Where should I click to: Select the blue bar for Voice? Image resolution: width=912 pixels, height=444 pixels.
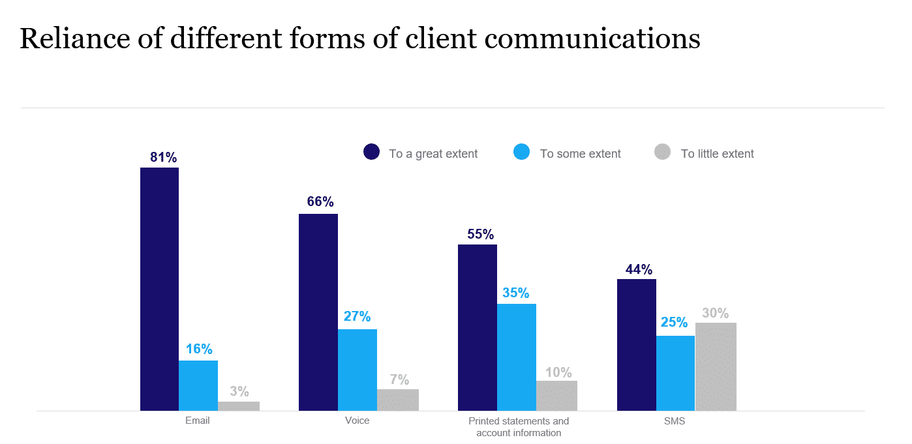pyautogui.click(x=357, y=370)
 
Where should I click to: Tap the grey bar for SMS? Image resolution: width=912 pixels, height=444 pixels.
pyautogui.click(x=716, y=366)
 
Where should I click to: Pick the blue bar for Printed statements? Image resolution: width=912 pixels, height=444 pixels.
pyautogui.click(x=516, y=357)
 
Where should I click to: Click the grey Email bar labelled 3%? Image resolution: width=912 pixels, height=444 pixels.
pyautogui.click(x=239, y=406)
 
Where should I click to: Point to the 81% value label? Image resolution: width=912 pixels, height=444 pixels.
pyautogui.click(x=163, y=157)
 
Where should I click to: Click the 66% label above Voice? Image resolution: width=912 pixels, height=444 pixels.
pyautogui.click(x=320, y=201)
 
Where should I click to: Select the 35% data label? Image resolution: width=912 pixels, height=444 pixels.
pyautogui.click(x=515, y=293)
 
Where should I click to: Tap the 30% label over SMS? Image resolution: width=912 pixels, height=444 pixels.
pyautogui.click(x=715, y=313)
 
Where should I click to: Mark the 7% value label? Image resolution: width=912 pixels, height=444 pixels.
pyautogui.click(x=399, y=379)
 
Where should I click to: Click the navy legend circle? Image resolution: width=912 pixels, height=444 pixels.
pyautogui.click(x=371, y=153)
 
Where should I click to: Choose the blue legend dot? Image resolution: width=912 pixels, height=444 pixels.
pyautogui.click(x=522, y=153)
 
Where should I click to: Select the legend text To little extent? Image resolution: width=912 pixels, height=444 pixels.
pyautogui.click(x=717, y=154)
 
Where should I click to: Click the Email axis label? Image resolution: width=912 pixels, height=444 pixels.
pyautogui.click(x=198, y=421)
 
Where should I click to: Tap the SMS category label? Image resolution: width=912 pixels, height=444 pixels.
pyautogui.click(x=675, y=421)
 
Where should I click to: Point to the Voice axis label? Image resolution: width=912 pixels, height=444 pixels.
pyautogui.click(x=357, y=421)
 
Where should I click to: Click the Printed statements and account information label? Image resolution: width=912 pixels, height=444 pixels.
pyautogui.click(x=519, y=427)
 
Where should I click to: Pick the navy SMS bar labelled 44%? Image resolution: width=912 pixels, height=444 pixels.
pyautogui.click(x=636, y=345)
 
